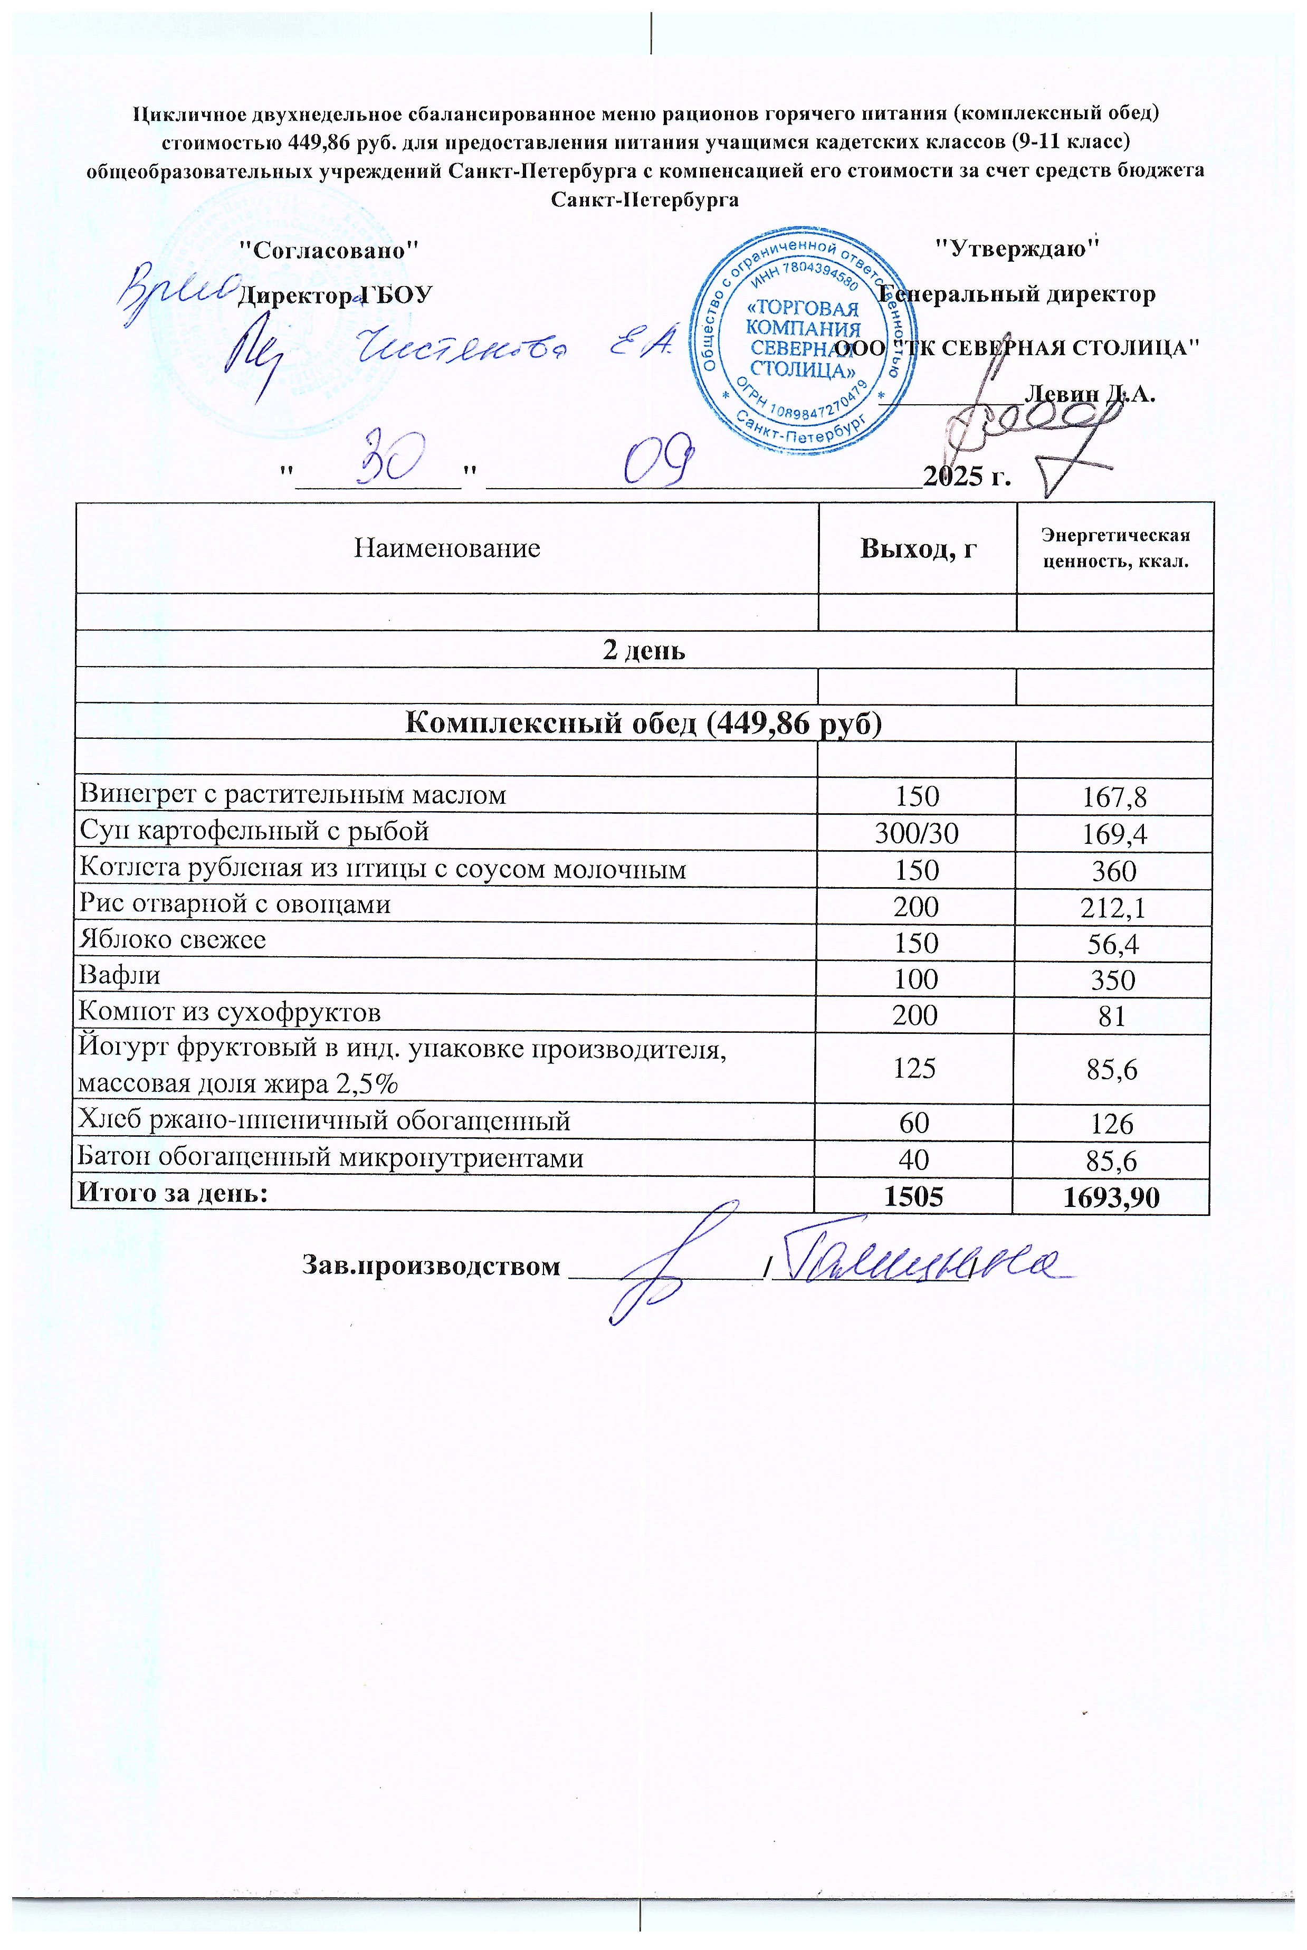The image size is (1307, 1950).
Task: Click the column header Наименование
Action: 447,548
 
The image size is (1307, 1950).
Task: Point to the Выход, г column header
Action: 918,548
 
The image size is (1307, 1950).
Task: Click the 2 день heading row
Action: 644,650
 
